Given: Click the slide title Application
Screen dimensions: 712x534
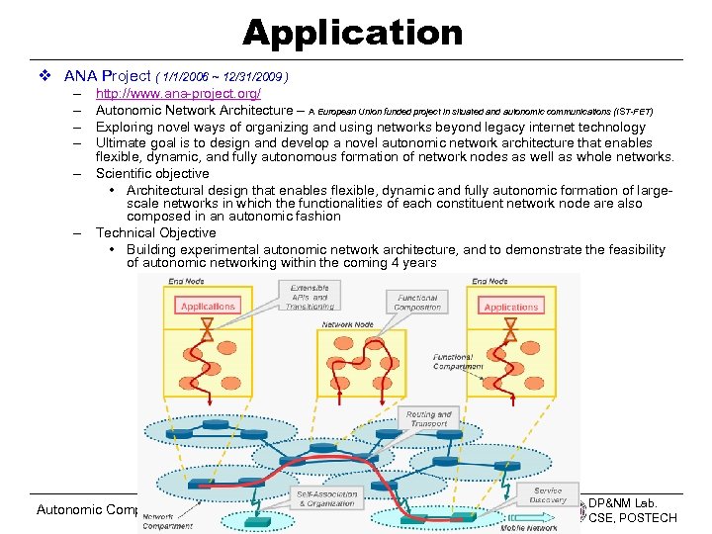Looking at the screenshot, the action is click(x=353, y=34).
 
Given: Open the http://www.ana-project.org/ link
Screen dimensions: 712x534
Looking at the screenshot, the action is click(x=178, y=93).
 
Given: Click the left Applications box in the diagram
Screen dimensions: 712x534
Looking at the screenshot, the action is click(x=209, y=307).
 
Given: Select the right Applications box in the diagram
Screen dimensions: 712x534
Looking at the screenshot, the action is click(x=511, y=308).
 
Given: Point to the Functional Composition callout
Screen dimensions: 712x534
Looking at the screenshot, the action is click(x=418, y=302).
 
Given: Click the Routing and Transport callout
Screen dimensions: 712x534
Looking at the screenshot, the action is click(x=428, y=419).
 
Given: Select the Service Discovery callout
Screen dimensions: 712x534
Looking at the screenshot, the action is click(x=548, y=494).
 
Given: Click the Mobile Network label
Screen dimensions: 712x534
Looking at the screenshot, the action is click(x=529, y=528).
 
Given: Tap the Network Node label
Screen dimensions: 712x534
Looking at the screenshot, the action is click(x=347, y=324).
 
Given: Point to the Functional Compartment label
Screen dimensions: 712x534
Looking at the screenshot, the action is click(x=458, y=361).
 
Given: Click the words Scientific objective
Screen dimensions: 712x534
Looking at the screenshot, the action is click(x=152, y=174).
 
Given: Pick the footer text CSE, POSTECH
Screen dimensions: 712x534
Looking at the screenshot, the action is click(x=633, y=518).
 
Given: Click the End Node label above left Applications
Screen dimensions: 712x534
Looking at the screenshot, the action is click(x=186, y=281).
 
